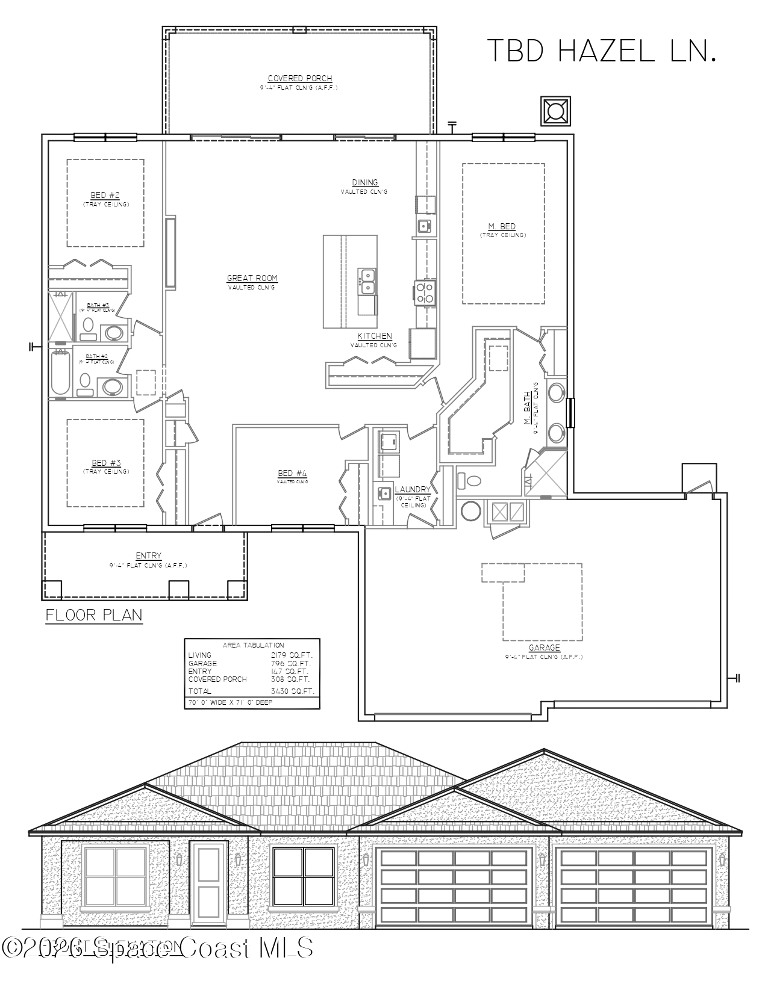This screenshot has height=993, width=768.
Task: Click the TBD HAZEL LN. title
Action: (601, 51)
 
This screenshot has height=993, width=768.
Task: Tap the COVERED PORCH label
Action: (299, 79)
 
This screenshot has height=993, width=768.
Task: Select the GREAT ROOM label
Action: (252, 278)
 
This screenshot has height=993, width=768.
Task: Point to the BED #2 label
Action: (105, 195)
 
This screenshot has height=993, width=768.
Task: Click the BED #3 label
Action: (106, 463)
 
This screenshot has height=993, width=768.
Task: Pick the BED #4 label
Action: (292, 473)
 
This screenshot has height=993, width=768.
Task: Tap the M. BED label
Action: (502, 226)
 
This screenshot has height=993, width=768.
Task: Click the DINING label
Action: (365, 182)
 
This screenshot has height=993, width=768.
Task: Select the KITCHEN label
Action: (375, 336)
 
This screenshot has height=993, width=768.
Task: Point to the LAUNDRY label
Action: (413, 489)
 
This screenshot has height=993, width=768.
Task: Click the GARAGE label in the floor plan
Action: (544, 648)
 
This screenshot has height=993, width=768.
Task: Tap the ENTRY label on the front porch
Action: (148, 556)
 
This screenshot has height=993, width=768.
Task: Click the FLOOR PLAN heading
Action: (94, 615)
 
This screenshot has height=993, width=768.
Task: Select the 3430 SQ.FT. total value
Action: (292, 691)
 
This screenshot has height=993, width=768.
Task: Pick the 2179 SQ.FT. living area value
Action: (292, 655)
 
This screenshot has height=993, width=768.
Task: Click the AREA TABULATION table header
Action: (253, 645)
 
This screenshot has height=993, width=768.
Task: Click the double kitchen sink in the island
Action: (367, 282)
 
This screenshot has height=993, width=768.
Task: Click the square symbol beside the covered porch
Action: (555, 112)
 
